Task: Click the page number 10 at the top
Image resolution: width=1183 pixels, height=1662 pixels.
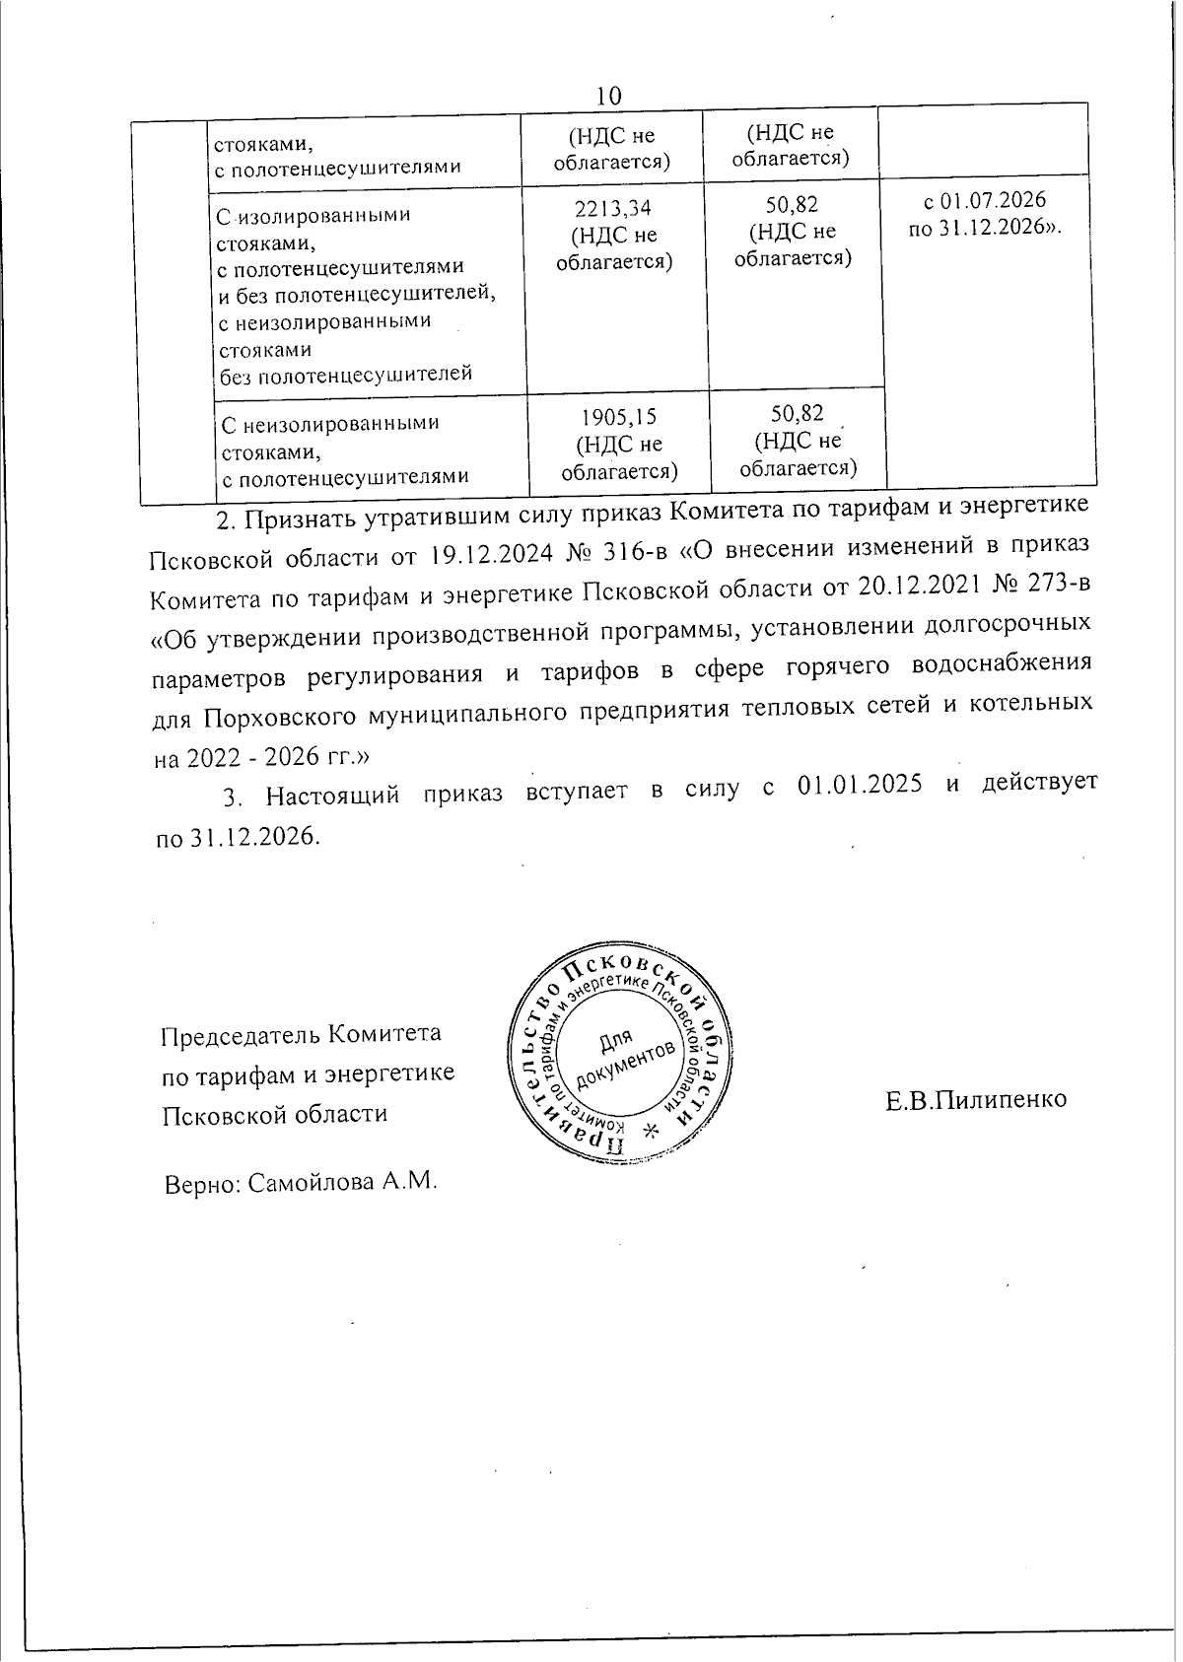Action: click(x=609, y=96)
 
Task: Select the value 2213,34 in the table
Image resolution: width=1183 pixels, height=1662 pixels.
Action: click(x=612, y=209)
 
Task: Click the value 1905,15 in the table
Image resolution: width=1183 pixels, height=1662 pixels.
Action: click(x=618, y=418)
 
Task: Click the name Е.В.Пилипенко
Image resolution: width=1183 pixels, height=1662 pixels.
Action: click(x=976, y=1099)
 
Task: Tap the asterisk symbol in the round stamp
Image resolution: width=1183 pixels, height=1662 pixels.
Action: click(x=649, y=1131)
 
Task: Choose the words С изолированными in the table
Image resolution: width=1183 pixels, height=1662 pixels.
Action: click(x=300, y=215)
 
